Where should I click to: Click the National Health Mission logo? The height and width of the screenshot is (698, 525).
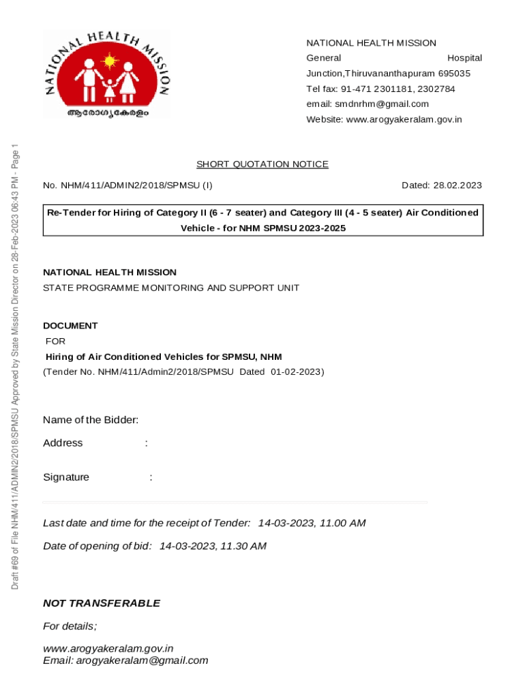tap(107, 74)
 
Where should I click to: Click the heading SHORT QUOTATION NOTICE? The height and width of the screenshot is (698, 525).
tap(262, 164)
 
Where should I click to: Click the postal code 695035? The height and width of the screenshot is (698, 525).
tap(454, 74)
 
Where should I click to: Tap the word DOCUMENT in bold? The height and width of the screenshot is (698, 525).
tap(70, 326)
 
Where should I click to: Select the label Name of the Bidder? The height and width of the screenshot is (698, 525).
tap(91, 420)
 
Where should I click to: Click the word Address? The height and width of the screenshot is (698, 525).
tap(63, 443)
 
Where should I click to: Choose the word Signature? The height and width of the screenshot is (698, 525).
tap(66, 477)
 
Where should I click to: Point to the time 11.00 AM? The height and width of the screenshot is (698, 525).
tap(342, 523)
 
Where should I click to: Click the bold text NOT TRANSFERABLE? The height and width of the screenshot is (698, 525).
tap(102, 603)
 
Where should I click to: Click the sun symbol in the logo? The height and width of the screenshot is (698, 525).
tap(108, 62)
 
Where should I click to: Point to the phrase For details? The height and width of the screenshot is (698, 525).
tap(70, 626)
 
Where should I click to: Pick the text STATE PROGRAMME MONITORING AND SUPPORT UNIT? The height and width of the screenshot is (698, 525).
tap(171, 288)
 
